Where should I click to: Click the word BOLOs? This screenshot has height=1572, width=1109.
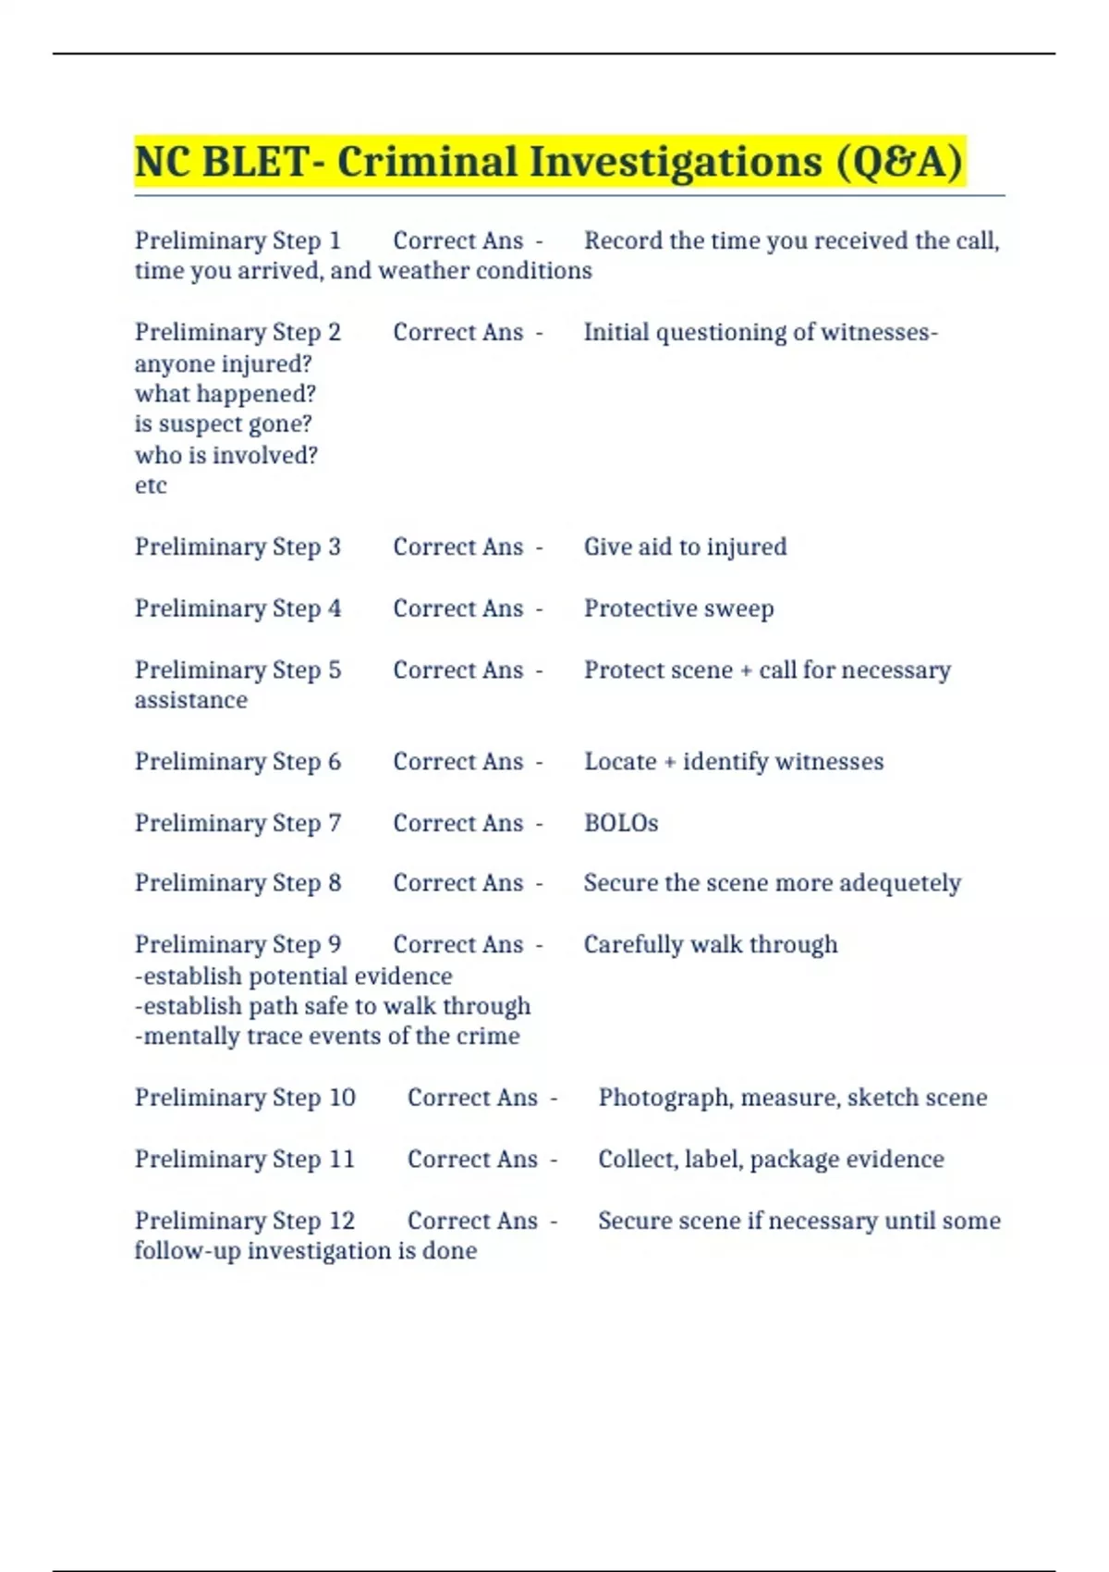(621, 823)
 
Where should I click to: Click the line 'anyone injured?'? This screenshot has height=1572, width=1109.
(223, 363)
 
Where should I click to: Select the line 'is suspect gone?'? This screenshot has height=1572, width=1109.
(223, 424)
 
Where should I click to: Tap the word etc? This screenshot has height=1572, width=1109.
(151, 485)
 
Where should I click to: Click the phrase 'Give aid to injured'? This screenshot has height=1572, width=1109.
(685, 547)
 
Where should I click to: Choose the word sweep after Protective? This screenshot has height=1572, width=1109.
(738, 608)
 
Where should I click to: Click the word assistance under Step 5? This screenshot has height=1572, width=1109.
(191, 700)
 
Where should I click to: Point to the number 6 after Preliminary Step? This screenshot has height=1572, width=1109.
(335, 762)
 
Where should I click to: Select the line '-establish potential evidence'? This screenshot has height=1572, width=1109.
(293, 976)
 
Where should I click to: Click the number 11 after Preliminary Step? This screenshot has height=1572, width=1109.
(342, 1160)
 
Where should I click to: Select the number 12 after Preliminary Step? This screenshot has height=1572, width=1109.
(342, 1221)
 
